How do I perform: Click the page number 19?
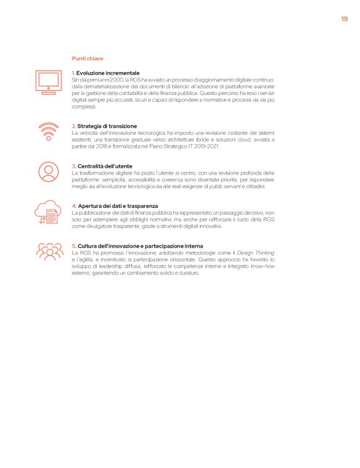point(344,19)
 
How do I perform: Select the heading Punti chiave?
point(87,58)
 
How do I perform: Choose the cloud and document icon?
point(48,214)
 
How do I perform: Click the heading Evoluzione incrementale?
point(108,73)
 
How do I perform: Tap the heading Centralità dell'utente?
point(105,166)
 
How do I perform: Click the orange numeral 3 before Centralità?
point(73,166)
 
